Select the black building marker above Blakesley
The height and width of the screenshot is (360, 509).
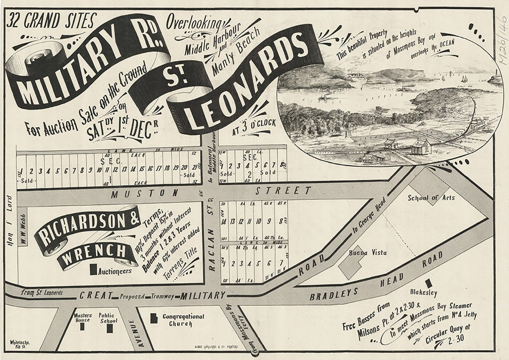coord(428,283)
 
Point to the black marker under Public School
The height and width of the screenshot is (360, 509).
coord(110,328)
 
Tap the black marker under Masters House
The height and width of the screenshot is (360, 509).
coord(82,327)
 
